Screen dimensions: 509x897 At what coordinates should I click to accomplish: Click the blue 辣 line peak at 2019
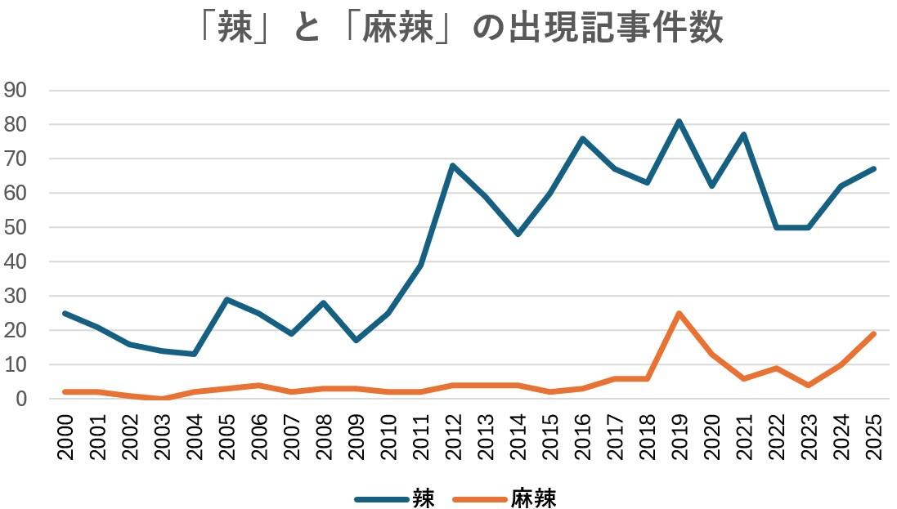[679, 122]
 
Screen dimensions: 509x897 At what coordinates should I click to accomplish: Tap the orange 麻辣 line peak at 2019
[679, 313]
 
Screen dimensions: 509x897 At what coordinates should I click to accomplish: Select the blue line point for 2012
[452, 166]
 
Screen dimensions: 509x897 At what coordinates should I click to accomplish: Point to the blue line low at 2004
[194, 354]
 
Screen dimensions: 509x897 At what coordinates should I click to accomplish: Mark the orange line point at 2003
[162, 399]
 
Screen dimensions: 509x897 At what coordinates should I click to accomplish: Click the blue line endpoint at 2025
[873, 169]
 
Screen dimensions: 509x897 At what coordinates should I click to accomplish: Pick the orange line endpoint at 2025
[873, 333]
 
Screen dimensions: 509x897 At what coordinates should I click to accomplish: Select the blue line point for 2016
[581, 139]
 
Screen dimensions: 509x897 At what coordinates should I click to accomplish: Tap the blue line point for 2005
[226, 299]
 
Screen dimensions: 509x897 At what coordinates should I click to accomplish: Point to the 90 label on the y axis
[16, 90]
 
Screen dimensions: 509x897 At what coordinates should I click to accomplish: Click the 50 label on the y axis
[16, 227]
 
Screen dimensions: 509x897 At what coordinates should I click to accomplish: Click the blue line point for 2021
[743, 135]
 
